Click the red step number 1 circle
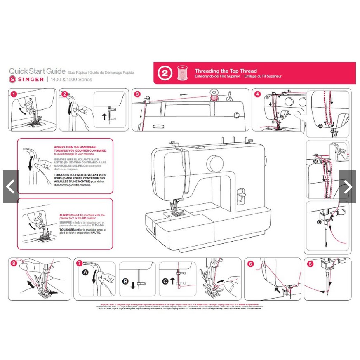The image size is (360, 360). click(14, 94)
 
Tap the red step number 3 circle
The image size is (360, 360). click(137, 94)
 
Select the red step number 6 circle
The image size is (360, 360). click(250, 263)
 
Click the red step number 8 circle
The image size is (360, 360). click(14, 263)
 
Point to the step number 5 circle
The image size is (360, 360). click(310, 263)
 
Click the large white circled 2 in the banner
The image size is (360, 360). click(165, 73)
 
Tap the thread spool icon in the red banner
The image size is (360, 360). click(181, 73)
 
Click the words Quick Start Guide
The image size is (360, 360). click(37, 71)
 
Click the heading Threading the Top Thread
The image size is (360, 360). click(226, 71)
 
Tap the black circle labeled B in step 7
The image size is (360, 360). click(126, 281)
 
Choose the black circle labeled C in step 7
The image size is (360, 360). click(165, 281)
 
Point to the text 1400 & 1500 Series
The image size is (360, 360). click(71, 79)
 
